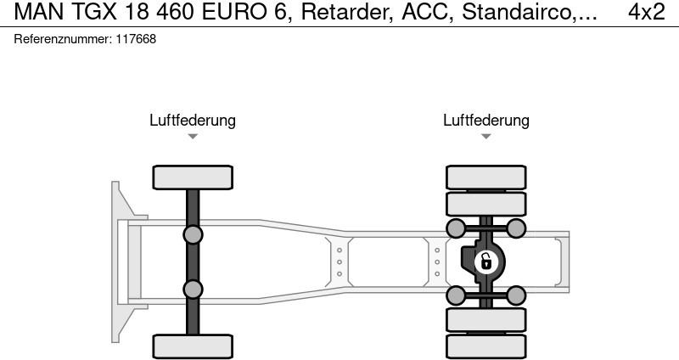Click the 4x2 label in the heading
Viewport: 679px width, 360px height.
[x=647, y=12]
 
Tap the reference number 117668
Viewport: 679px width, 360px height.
[x=136, y=39]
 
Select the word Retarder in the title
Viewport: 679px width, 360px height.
[x=347, y=13]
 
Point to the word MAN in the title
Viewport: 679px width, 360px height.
[x=39, y=12]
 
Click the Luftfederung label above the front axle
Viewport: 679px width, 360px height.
[x=193, y=121]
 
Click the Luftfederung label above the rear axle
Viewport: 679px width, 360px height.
[x=486, y=121]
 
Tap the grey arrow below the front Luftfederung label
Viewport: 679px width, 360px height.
[x=193, y=137]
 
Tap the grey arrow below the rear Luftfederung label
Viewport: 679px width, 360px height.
[x=486, y=137]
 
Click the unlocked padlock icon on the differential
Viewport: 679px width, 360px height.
[x=486, y=262]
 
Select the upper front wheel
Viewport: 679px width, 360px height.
[x=193, y=177]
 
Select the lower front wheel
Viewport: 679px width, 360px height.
[x=193, y=346]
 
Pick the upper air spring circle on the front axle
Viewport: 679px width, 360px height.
[x=193, y=235]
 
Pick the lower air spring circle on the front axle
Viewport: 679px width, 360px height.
[x=193, y=289]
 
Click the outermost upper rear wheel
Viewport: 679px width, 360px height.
[x=486, y=177]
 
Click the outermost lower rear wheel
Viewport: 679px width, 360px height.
[x=486, y=346]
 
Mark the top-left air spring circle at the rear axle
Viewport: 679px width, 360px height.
[x=456, y=228]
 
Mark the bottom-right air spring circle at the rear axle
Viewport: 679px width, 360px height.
[x=516, y=295]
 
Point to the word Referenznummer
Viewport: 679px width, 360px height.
[x=63, y=39]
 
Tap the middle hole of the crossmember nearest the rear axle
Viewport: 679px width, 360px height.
[x=437, y=262]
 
